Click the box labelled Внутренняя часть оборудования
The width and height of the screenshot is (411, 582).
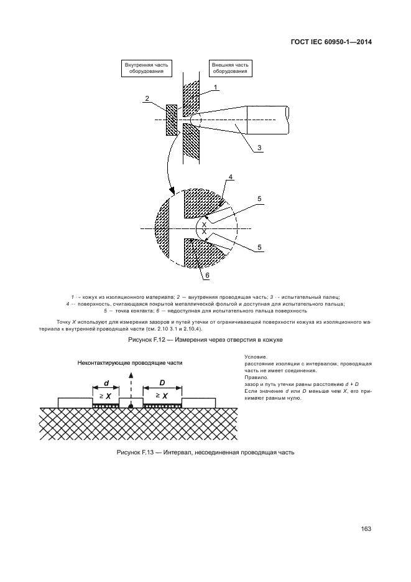147,68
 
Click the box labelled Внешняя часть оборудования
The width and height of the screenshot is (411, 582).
230,68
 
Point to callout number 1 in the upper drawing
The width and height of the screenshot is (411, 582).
215,87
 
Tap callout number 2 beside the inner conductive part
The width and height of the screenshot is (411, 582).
147,98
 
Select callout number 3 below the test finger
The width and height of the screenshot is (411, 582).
260,148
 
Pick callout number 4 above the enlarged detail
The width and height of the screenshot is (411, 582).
231,178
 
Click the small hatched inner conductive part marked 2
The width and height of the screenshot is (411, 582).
172,119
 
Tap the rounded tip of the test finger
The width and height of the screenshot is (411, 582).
195,118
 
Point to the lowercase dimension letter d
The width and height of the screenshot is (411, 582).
106,382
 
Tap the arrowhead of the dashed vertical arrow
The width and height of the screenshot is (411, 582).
131,375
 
